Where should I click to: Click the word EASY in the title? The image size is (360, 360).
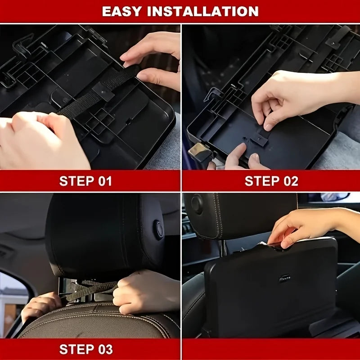[121, 11]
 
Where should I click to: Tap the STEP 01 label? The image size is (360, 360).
[85, 181]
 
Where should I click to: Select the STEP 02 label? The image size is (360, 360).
[271, 181]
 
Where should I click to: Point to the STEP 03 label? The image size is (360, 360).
[86, 349]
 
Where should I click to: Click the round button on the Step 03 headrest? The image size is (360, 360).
[159, 230]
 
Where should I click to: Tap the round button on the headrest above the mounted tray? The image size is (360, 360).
[197, 204]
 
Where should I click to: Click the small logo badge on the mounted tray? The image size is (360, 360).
[285, 278]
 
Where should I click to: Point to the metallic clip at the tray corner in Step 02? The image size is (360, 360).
[199, 151]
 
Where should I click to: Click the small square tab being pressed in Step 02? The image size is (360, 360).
[260, 139]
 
